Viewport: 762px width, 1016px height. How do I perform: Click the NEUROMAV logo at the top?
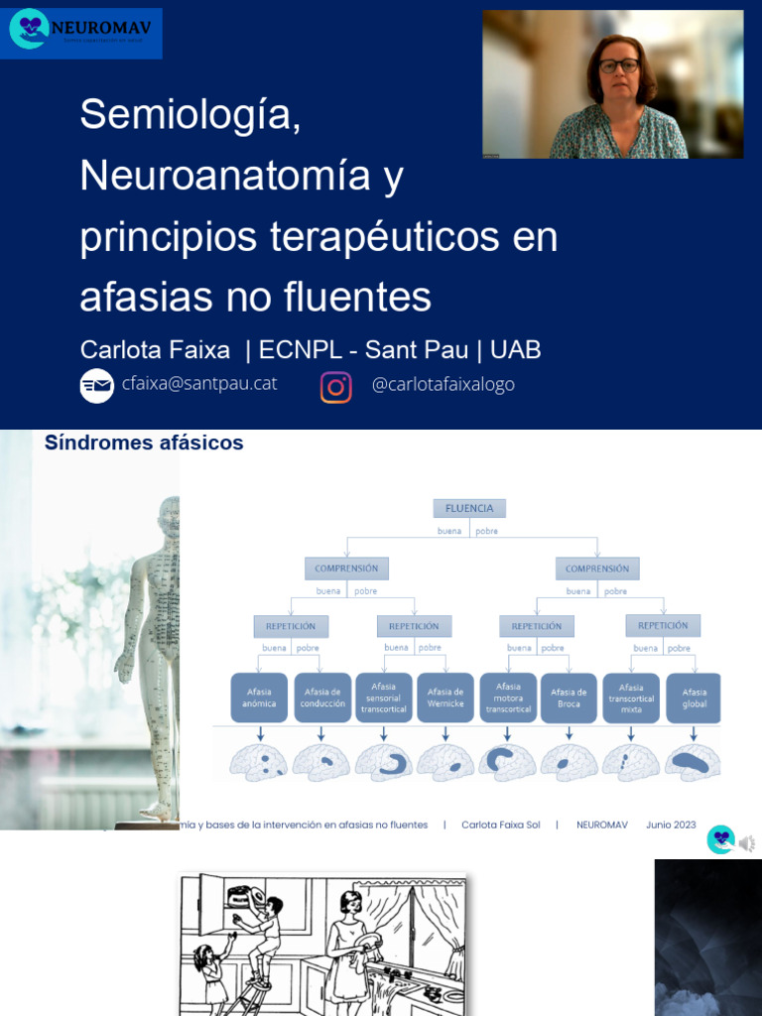81,30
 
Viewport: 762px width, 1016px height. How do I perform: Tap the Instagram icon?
336,387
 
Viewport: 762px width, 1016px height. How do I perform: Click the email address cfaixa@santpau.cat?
199,384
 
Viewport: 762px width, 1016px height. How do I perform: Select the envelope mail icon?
97,385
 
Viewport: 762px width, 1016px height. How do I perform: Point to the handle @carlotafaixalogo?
443,385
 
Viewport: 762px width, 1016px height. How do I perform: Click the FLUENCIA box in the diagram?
469,508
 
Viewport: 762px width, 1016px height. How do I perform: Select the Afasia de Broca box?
570,698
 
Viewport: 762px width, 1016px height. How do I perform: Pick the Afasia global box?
694,698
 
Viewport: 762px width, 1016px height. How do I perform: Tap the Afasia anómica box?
259,698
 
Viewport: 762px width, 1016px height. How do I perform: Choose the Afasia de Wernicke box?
445,698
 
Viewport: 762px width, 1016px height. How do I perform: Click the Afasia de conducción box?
321,698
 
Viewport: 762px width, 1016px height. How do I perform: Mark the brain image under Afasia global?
693,761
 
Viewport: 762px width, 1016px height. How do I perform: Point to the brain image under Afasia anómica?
259,762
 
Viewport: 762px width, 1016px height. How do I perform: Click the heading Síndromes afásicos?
144,444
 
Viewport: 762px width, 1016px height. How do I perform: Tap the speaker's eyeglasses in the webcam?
619,65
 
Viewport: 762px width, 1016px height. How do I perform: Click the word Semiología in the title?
190,114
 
